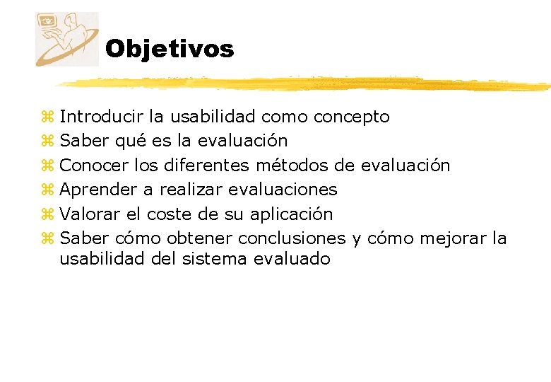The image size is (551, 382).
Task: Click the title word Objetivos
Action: click(x=170, y=49)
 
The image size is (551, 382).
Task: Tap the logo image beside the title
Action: click(x=67, y=39)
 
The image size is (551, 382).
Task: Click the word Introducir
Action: click(x=102, y=116)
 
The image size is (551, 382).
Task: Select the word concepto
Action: click(x=351, y=116)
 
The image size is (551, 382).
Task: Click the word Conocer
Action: click(x=94, y=166)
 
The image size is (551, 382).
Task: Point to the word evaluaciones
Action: click(x=283, y=190)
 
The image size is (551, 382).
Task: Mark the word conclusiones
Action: click(x=292, y=238)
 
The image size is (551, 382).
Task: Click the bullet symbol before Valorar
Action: click(x=47, y=214)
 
